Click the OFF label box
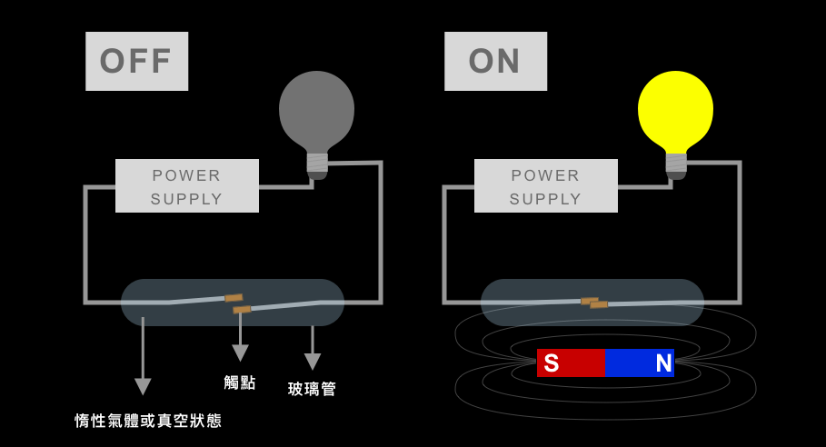coord(137,61)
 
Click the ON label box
coord(496,61)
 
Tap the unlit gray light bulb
coord(316,114)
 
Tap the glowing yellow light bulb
coord(675,114)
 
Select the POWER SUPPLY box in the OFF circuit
coord(187,186)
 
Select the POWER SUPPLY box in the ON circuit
coord(546,186)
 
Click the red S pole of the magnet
coord(571,363)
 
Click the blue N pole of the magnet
coord(640,363)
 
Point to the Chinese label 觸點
coord(240,382)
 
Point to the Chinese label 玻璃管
coord(312,389)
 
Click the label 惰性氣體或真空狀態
coord(148,421)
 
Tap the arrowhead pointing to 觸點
coord(240,353)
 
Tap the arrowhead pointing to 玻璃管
coord(313,362)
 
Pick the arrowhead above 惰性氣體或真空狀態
coord(143,386)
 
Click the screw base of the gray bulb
coord(317,166)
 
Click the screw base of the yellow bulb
coord(676,166)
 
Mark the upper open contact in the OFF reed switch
coord(234,298)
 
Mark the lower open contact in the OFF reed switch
coord(242,310)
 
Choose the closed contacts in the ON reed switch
coord(595,303)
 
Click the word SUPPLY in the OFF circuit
coord(186,199)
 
